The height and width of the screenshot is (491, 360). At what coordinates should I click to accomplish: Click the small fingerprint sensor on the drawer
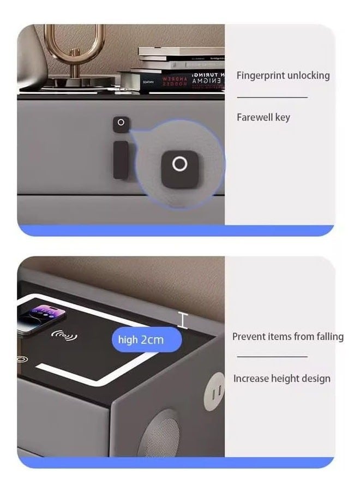point(121,123)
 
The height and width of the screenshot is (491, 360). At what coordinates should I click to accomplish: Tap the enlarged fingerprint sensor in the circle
point(179,164)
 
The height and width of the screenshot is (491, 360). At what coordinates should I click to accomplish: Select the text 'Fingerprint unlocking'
point(283,75)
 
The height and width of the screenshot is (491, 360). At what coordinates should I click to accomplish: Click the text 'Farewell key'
point(263,117)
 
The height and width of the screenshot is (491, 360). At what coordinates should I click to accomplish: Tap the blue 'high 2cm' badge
point(141,340)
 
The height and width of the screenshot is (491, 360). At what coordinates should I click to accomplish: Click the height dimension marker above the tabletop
point(183,320)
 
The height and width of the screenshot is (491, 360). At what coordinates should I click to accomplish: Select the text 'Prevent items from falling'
point(287,337)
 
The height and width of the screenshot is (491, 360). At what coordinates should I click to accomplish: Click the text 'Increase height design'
point(281,379)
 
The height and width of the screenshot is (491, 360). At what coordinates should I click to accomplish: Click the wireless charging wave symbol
point(64,334)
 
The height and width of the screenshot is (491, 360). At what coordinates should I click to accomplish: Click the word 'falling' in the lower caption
point(329,337)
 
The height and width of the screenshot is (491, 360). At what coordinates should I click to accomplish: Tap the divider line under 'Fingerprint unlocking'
point(272,97)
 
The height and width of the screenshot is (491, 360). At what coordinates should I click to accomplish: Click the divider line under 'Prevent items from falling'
point(272,357)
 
